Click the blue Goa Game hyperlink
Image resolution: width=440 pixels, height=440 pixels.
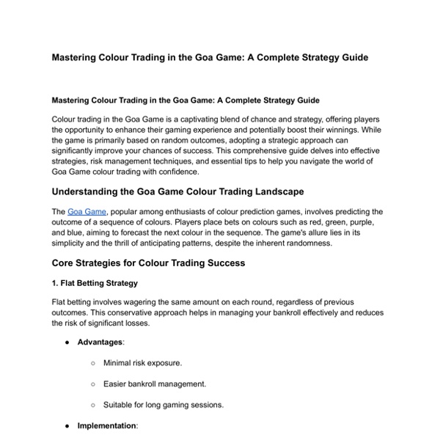pos(87,211)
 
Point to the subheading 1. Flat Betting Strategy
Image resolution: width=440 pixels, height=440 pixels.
pos(95,282)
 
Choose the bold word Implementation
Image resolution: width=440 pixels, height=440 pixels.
pos(106,425)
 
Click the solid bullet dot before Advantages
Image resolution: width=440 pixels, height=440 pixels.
pos(67,342)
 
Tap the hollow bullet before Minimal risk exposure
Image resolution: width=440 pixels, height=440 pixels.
pos(93,362)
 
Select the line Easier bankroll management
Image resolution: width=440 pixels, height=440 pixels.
pos(154,384)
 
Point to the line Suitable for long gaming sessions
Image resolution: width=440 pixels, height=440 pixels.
pos(163,404)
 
